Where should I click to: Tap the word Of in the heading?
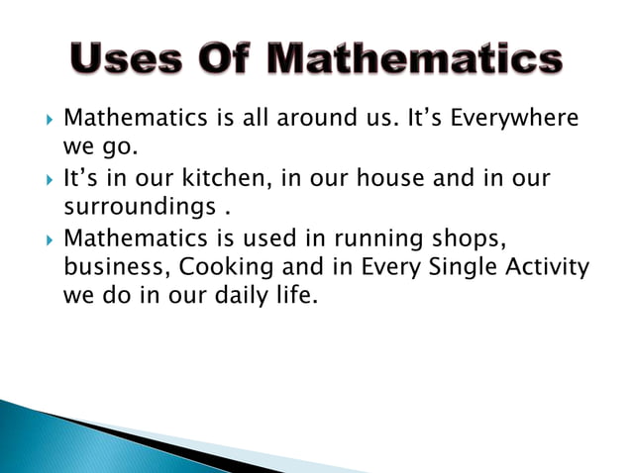pos(234,60)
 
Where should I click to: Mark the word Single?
pos(459,267)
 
